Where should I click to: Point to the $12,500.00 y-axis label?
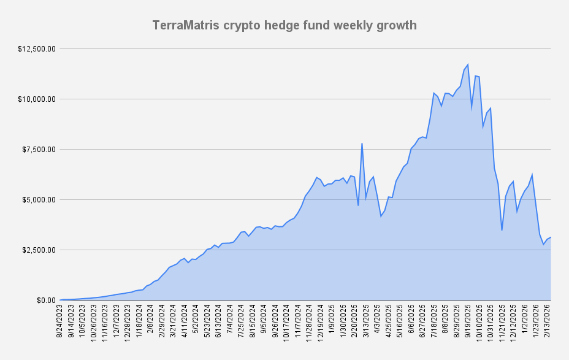[38, 48]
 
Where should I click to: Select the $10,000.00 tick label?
[38, 99]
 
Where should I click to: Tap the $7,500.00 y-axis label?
[40, 149]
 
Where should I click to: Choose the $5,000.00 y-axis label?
[40, 199]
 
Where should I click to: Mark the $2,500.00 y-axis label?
[40, 250]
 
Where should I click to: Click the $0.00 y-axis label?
[46, 300]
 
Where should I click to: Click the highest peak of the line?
[468, 64]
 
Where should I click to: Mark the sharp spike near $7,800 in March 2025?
[362, 144]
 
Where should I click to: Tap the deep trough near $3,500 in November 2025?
[502, 230]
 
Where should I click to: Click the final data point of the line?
[551, 237]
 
